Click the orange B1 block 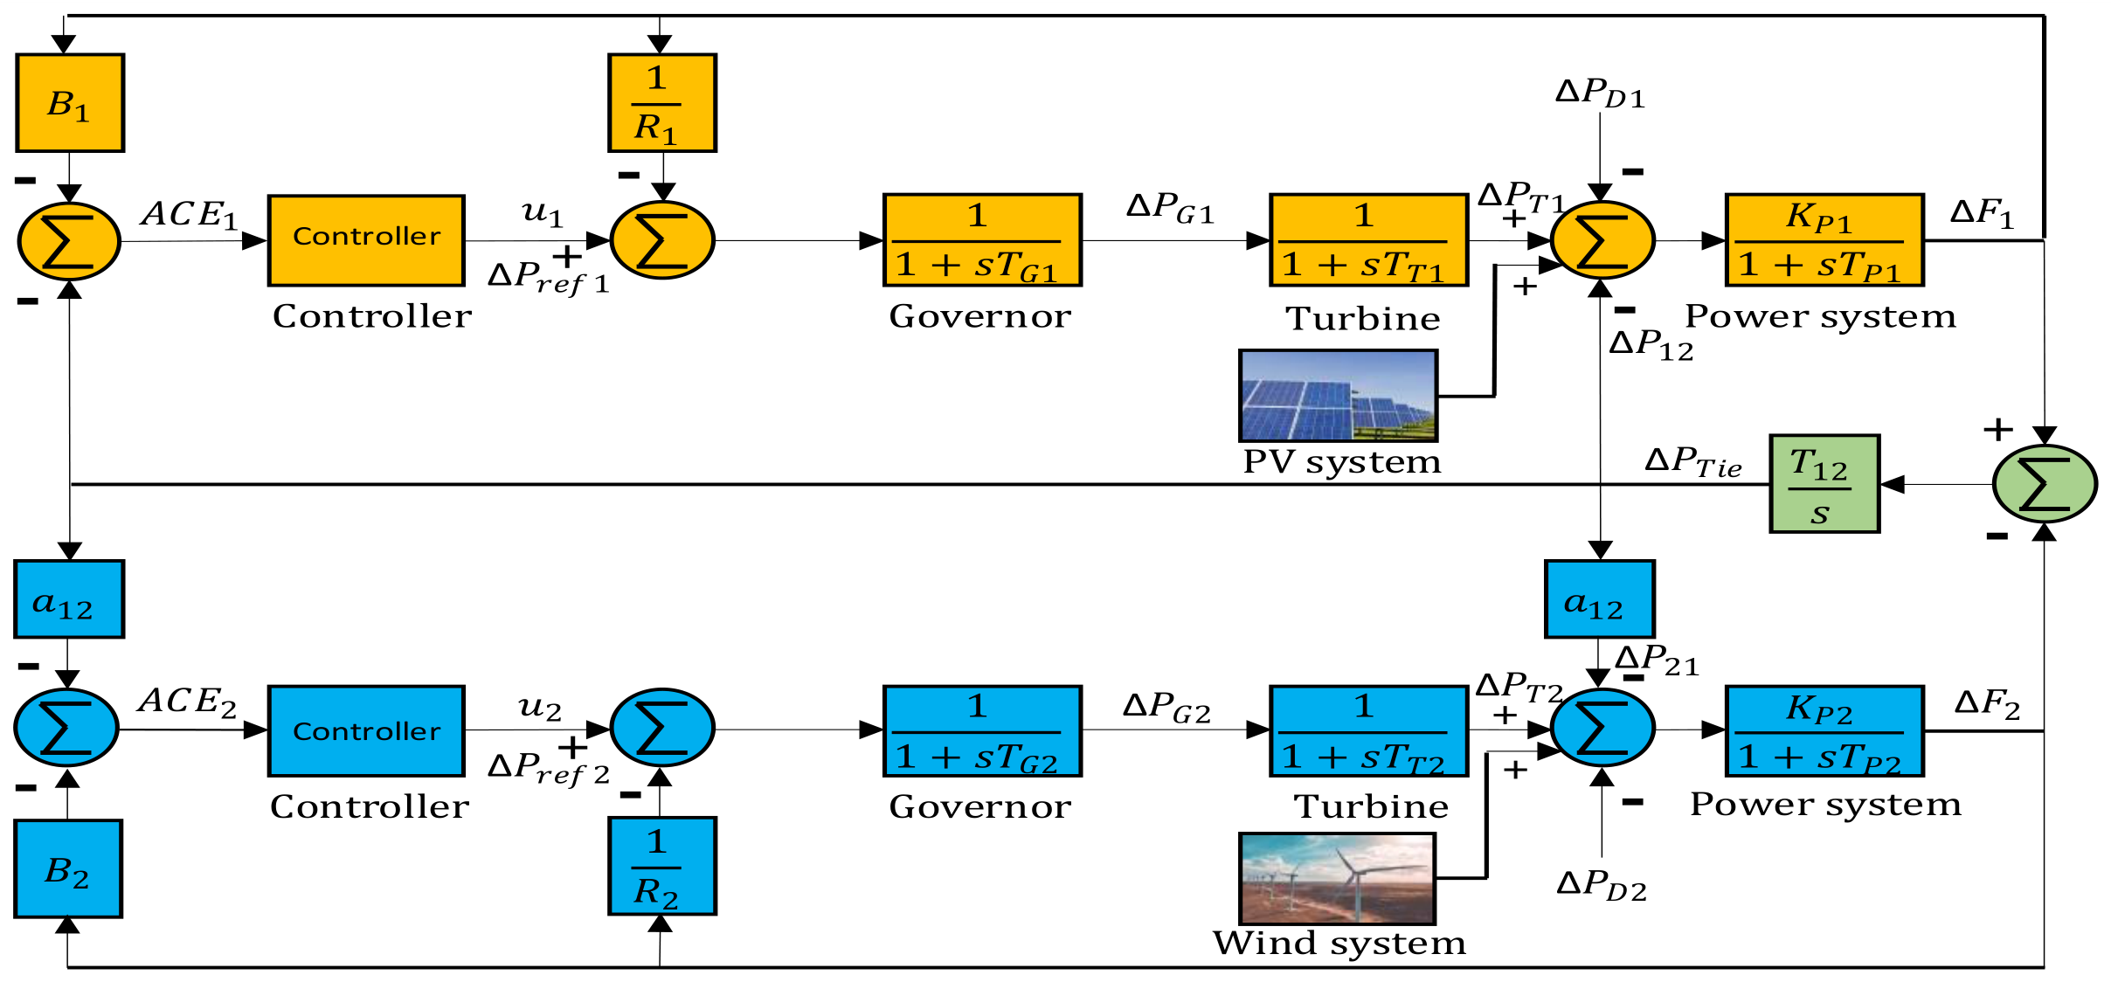point(70,103)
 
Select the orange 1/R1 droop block point(662,103)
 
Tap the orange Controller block point(366,240)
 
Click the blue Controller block point(366,731)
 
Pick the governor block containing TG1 point(982,240)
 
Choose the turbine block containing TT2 point(1368,731)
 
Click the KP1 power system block point(1824,240)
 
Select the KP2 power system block point(1824,731)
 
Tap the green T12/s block point(1824,483)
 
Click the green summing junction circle point(2045,484)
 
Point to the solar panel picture point(1338,396)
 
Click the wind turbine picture point(1337,878)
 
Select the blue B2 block point(68,868)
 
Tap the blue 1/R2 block point(662,866)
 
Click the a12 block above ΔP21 point(1599,599)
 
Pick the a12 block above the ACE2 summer point(69,599)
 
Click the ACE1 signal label point(190,215)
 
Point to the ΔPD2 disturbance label point(1602,884)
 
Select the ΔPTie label point(1693,462)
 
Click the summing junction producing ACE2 point(66,728)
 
